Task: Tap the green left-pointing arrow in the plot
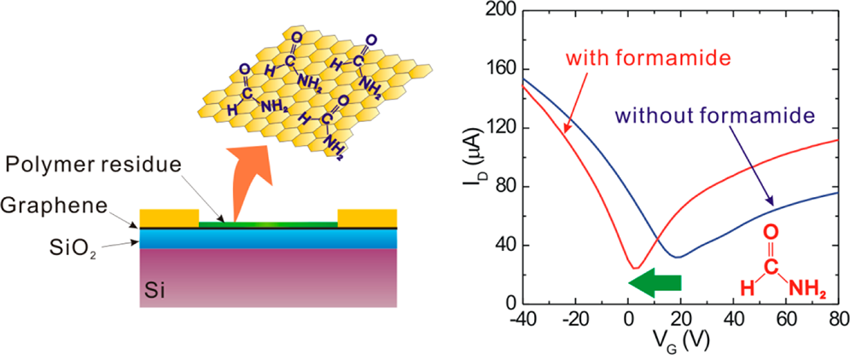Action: [x=661, y=284]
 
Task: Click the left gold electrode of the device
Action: [x=168, y=218]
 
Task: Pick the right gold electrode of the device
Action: [x=367, y=218]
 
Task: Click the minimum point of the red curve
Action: [x=633, y=268]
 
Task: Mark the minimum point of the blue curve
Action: [x=676, y=257]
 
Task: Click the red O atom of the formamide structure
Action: [x=771, y=230]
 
